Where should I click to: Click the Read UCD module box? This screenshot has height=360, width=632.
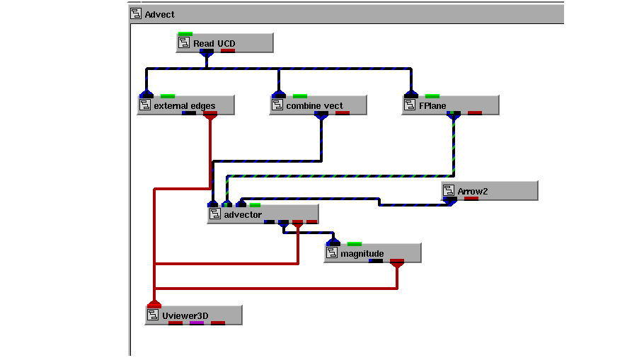pos(225,43)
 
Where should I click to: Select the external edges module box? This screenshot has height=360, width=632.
pos(186,105)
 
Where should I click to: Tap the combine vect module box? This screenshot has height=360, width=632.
pos(318,105)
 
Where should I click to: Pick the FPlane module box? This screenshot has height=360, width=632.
pos(451,105)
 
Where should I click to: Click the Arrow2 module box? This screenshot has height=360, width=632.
pos(490,191)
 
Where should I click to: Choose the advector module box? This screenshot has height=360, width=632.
pos(263,214)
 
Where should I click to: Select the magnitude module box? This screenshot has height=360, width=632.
pos(373,253)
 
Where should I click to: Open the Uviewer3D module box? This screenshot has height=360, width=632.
pos(193,315)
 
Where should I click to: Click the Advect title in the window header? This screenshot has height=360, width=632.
pos(160,14)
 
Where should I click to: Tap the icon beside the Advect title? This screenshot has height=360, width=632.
pos(136,13)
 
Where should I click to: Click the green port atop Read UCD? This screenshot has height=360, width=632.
pos(185,34)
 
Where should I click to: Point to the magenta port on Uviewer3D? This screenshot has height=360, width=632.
pos(197,323)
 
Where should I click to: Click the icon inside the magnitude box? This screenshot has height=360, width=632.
pos(332,253)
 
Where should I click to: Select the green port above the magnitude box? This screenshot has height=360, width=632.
pos(355,244)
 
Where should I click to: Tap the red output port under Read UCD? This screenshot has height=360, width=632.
pos(228,51)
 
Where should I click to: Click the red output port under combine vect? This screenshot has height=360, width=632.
pos(343,113)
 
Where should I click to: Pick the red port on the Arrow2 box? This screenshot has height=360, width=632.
pos(471,199)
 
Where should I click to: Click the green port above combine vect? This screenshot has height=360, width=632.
pos(300,96)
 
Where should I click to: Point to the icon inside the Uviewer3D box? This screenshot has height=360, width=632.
pos(153,315)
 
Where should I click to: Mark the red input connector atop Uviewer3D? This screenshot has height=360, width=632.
pos(154,304)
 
